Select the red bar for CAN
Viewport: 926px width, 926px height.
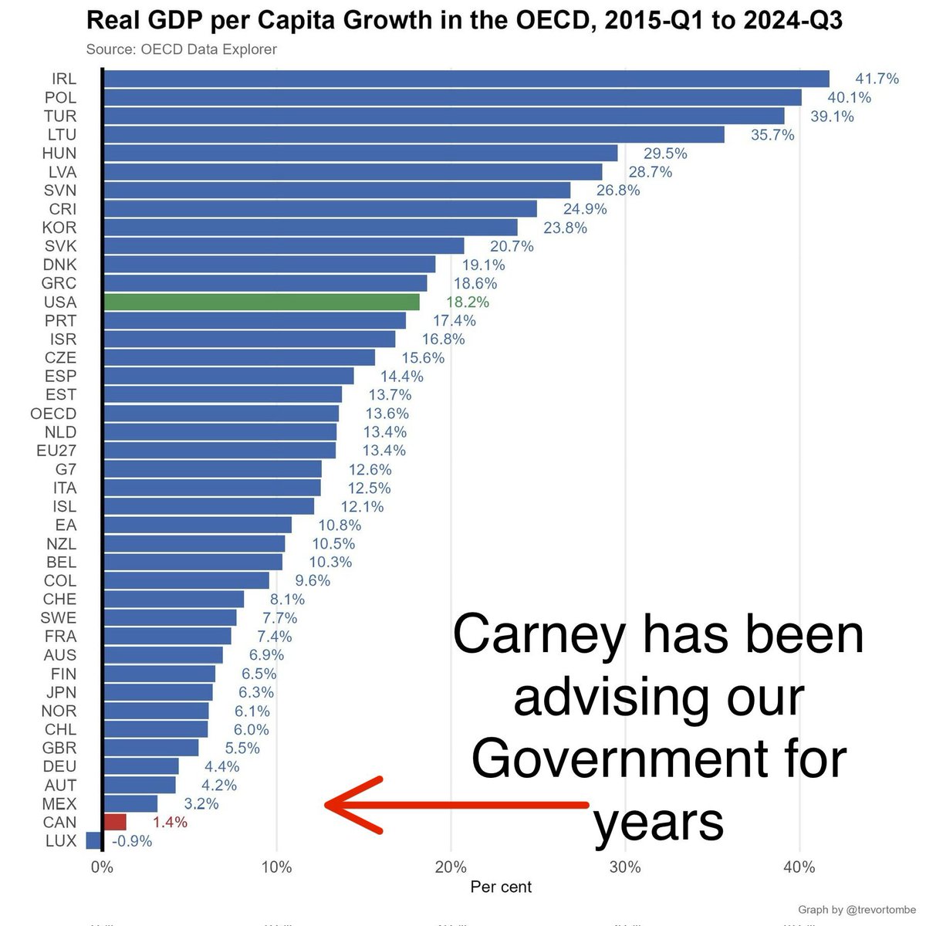click(114, 822)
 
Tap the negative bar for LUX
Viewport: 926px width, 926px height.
click(93, 840)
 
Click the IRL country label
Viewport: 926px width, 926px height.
click(63, 79)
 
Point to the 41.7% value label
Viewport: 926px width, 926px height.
click(877, 79)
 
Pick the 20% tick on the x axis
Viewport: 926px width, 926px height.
click(451, 867)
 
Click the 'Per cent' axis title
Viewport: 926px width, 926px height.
click(501, 887)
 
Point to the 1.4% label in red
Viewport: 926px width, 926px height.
click(170, 823)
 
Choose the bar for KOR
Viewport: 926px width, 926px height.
click(309, 227)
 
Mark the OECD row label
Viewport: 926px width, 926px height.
click(53, 414)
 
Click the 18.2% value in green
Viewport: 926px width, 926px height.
click(468, 302)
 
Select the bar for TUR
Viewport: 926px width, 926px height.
click(444, 116)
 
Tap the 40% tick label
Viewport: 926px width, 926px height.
click(799, 867)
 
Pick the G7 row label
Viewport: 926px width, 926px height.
click(66, 469)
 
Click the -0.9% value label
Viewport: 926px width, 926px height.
click(132, 841)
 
